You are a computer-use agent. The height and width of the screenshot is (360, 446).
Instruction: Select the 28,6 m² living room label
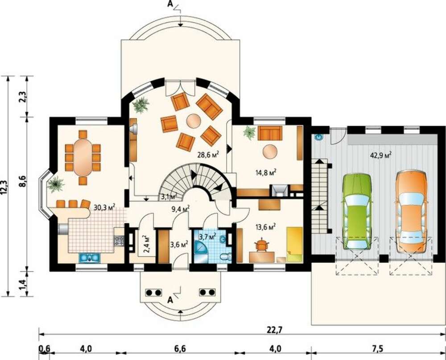(208, 155)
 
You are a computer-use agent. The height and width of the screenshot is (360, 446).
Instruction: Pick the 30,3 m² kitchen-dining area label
(104, 207)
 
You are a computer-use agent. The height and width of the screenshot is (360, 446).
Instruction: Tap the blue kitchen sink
(90, 258)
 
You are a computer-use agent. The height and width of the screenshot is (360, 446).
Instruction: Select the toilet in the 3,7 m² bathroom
(226, 257)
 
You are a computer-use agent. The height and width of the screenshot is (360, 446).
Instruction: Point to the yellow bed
(295, 244)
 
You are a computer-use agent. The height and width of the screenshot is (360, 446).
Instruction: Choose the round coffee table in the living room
(194, 121)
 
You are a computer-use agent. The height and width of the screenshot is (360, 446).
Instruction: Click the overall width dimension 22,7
(272, 331)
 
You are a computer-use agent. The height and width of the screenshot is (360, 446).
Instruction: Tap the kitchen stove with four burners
(119, 241)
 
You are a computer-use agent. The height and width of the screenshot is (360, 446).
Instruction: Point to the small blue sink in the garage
(319, 137)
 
